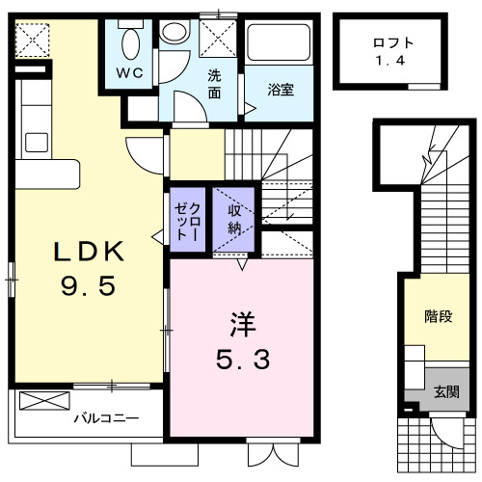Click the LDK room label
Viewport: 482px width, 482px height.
89,252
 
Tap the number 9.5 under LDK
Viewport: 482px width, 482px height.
89,286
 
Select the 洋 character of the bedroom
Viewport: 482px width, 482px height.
241,321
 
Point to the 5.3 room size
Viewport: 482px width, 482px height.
241,360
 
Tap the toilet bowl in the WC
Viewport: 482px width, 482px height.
132,40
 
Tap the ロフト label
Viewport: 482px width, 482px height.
393,42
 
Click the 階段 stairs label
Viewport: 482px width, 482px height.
439,316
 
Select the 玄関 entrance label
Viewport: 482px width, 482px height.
446,392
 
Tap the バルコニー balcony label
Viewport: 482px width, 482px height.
107,418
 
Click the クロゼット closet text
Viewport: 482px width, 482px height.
189,220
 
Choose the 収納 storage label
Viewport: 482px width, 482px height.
234,218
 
